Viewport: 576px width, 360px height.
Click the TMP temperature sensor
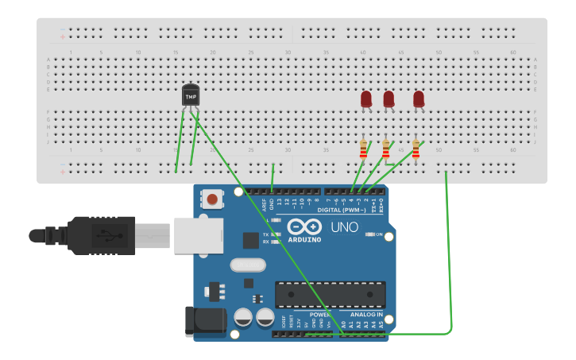coord(191,95)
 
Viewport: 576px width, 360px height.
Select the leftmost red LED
coord(365,99)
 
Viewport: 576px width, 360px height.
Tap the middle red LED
coord(389,99)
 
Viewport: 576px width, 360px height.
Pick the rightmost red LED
coord(419,99)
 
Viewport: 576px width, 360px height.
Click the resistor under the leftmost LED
coord(364,149)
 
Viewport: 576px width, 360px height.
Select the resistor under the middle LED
coord(386,149)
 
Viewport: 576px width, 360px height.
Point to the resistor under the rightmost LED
coord(416,149)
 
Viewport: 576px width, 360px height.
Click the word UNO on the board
coord(345,226)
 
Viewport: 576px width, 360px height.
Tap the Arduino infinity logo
coord(304,226)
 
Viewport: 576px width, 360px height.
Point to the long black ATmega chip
coord(331,294)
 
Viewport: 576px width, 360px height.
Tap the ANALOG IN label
coord(367,314)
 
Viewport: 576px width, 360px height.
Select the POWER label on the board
coord(319,314)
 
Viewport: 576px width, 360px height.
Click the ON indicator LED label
coord(379,234)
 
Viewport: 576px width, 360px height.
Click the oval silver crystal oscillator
coord(246,265)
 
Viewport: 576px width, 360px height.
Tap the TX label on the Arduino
coord(266,234)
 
